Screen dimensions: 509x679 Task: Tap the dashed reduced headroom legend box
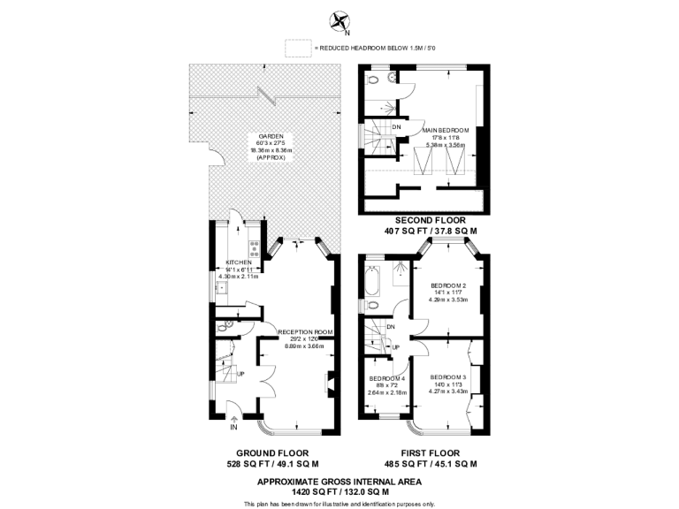tap(299, 48)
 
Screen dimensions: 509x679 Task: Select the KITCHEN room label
tap(239, 262)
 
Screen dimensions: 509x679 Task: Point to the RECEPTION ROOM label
tap(304, 332)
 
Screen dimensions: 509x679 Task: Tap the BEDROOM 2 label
tap(448, 285)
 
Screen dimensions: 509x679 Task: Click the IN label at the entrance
tap(233, 429)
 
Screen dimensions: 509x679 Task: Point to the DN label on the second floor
tap(395, 126)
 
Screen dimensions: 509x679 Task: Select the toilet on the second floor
tap(375, 79)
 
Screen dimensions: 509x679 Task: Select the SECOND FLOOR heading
tap(431, 220)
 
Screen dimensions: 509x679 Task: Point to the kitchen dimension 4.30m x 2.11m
tap(239, 276)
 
